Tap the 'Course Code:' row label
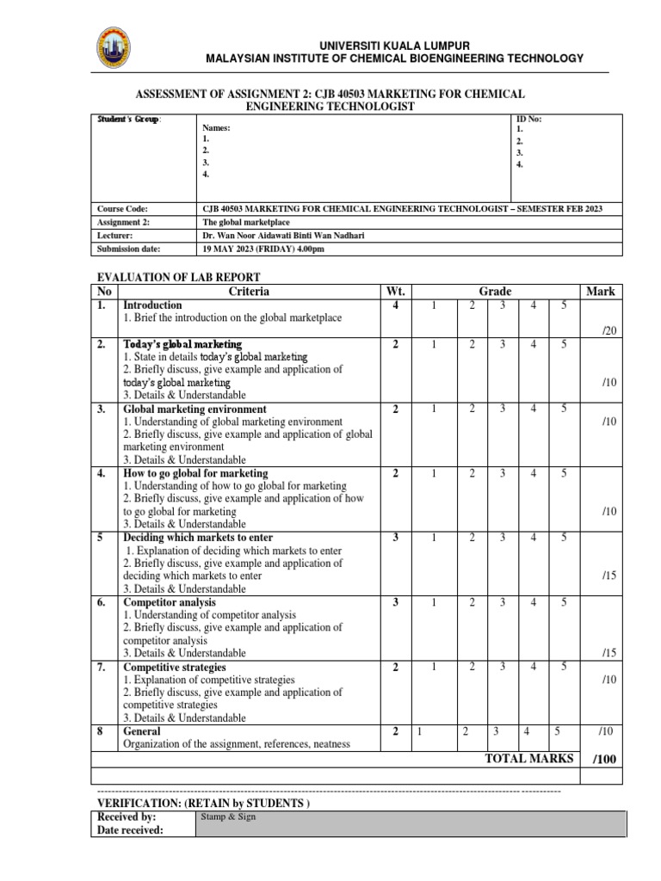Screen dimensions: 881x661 tap(123, 209)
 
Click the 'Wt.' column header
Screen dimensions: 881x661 tap(396, 292)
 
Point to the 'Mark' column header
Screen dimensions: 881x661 tap(601, 292)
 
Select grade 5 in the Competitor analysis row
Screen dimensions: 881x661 tap(564, 602)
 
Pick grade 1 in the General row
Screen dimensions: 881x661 tap(419, 731)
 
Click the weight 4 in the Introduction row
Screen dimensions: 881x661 tap(395, 305)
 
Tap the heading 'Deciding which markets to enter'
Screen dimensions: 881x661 tap(198, 538)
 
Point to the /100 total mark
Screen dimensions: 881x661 tap(605, 759)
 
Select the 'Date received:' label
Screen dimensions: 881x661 tap(130, 829)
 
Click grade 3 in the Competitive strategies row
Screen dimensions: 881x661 tap(502, 667)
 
